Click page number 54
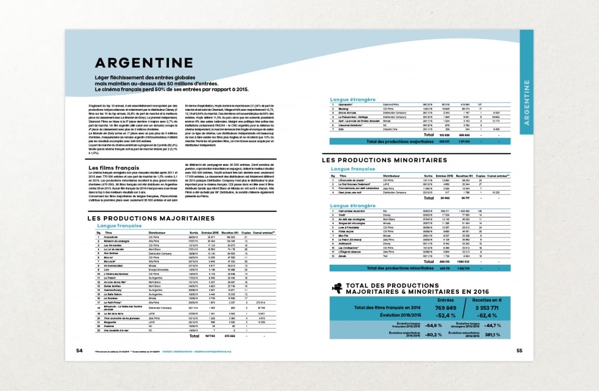[x=79, y=350]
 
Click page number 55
[x=519, y=350]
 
